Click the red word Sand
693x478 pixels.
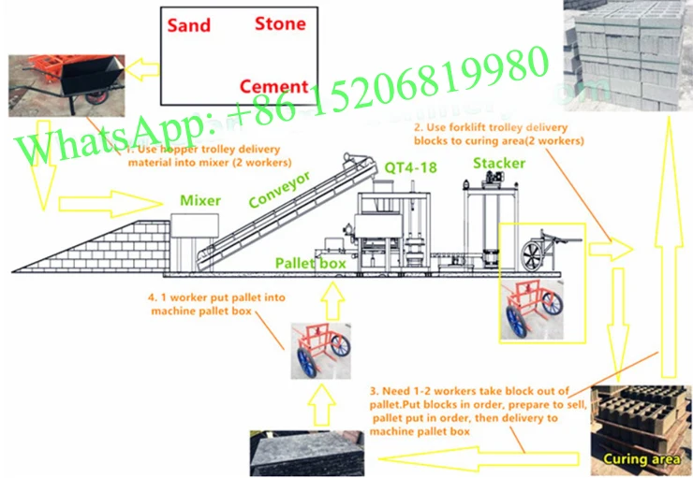coord(187,25)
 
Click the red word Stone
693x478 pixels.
coord(280,22)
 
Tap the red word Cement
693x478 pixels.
coord(273,87)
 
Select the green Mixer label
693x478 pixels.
coord(200,200)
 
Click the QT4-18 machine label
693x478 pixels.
coord(410,167)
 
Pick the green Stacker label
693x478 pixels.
coord(497,164)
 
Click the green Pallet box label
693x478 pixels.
coord(311,264)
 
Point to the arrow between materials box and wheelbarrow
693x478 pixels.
coord(143,67)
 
